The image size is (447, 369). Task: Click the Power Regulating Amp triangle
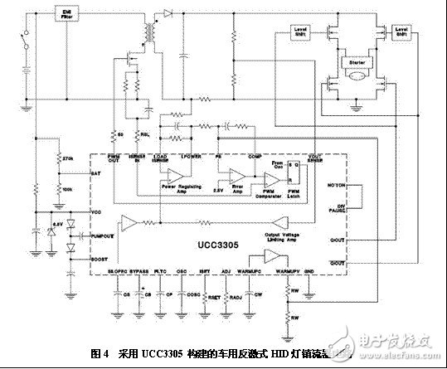coord(175,176)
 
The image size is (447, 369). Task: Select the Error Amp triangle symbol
coord(236,176)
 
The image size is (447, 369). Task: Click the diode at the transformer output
coord(168,13)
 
